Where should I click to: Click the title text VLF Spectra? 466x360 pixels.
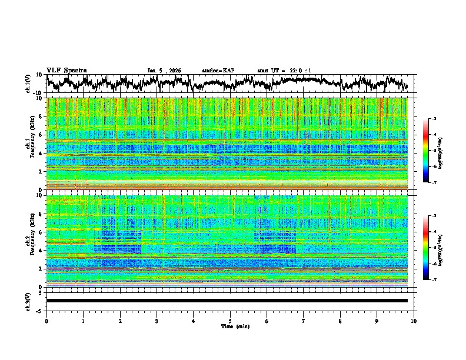[x=66, y=70]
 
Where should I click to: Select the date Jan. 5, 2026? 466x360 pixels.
[x=164, y=71]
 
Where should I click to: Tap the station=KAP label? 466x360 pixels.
[x=218, y=71]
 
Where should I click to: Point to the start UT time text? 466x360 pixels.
[x=284, y=71]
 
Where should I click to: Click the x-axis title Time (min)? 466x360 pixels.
[x=235, y=326]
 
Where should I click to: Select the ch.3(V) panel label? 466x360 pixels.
[x=28, y=300]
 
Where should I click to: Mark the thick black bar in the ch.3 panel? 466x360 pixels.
[x=227, y=301]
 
